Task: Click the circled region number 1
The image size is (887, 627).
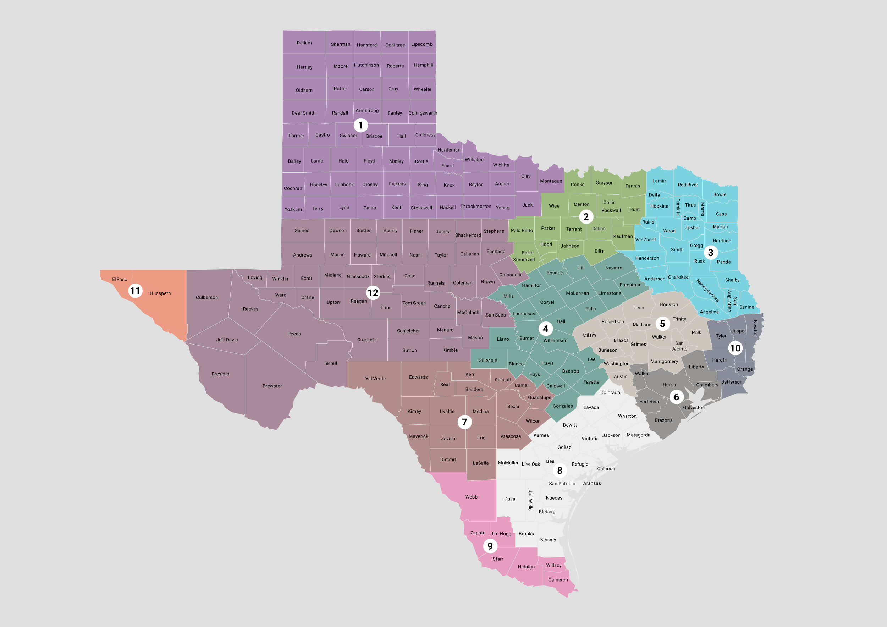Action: [x=360, y=125]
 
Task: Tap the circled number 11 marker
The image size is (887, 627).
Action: [x=135, y=291]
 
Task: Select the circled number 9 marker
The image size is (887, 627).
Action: [x=490, y=546]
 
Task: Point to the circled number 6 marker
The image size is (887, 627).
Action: [x=676, y=397]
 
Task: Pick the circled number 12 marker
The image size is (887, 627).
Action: [x=373, y=293]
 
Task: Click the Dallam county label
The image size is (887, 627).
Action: [x=304, y=43]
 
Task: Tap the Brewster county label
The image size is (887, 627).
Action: [x=272, y=386]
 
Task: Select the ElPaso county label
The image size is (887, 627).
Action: [x=119, y=279]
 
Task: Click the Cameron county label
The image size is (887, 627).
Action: [x=558, y=579]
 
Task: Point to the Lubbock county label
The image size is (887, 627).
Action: [x=344, y=185]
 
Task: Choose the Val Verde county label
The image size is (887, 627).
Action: [x=375, y=379]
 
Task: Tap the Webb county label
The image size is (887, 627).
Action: [x=471, y=497]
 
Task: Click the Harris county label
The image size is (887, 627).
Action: [x=669, y=385]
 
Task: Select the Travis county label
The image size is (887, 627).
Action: [x=547, y=363]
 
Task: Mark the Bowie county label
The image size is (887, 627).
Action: [x=719, y=194]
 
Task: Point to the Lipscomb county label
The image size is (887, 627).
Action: [x=422, y=44]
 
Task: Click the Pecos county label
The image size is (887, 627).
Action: [x=294, y=334]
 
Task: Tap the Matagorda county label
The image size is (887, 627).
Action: [x=638, y=435]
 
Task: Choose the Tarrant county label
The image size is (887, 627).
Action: [x=574, y=229]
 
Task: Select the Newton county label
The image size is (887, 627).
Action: [x=755, y=328]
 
